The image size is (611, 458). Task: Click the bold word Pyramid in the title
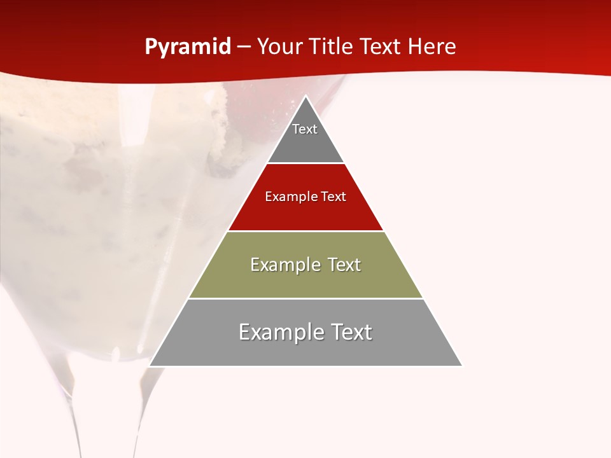(188, 47)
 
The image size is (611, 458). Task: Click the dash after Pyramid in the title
(244, 48)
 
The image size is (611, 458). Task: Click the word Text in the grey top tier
(305, 129)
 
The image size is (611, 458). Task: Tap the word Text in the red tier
(334, 197)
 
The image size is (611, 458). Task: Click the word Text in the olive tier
(344, 265)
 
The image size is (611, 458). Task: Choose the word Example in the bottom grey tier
(280, 332)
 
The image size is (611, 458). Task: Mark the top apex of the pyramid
(305, 97)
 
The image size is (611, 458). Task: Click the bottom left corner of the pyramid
(150, 366)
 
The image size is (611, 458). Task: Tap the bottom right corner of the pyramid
(461, 366)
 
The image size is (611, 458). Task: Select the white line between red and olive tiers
(305, 231)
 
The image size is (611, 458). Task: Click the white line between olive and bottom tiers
(305, 298)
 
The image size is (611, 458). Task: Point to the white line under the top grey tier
(305, 163)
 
